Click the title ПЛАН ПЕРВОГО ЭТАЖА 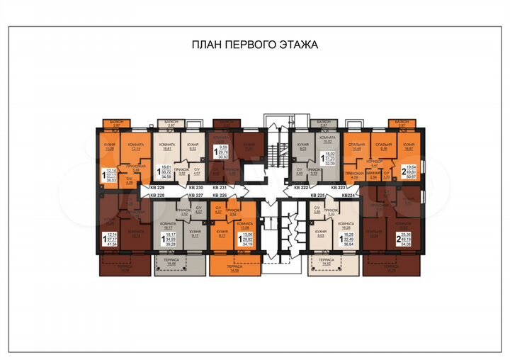point(255,44)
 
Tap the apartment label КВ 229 point(157,187)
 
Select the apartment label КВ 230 point(195,187)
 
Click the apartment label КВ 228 point(157,196)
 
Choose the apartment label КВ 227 point(195,196)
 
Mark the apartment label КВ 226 point(220,196)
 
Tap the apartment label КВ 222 point(302,187)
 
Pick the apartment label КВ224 point(351,196)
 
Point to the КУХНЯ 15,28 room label point(109,147)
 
